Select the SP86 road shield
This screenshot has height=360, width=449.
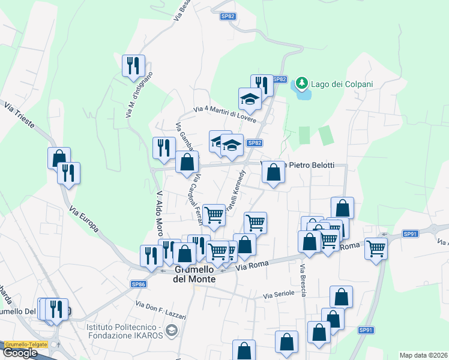pyautogui.click(x=139, y=284)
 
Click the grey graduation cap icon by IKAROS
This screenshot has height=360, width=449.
pyautogui.click(x=172, y=330)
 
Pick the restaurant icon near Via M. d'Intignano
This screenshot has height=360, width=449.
pyautogui.click(x=133, y=65)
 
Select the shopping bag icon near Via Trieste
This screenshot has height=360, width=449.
pyautogui.click(x=59, y=157)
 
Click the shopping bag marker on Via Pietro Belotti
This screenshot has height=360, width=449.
pyautogui.click(x=273, y=172)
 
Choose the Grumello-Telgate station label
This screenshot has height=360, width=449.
pyautogui.click(x=30, y=345)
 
